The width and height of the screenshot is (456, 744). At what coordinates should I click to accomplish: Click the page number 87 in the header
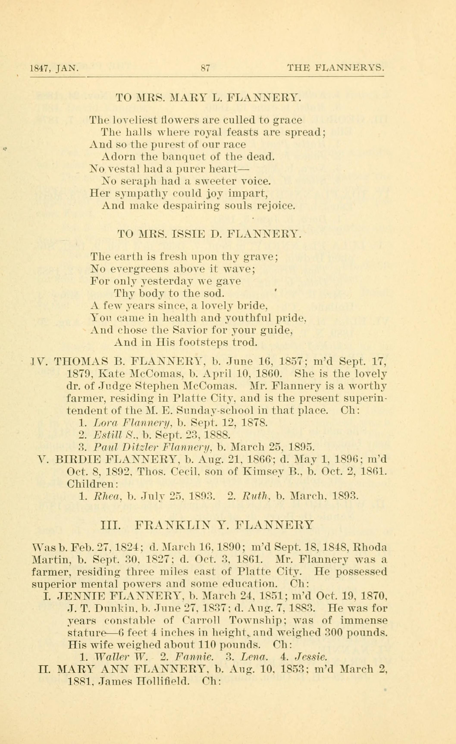pyautogui.click(x=205, y=68)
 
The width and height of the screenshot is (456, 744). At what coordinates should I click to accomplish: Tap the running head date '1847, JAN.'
pyautogui.click(x=54, y=69)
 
